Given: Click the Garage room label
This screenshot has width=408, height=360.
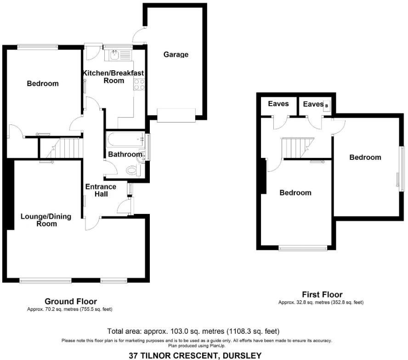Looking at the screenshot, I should pos(176,55).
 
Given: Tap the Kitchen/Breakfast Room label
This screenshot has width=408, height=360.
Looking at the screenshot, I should pos(113,77).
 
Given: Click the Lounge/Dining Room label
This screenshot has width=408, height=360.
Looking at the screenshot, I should pos(46,220).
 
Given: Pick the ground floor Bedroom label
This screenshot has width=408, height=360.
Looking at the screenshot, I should pos(43,84).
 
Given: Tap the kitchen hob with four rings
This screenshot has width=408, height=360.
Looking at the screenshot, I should pos(139,84).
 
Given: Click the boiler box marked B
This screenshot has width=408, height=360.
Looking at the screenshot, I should pos(327,106).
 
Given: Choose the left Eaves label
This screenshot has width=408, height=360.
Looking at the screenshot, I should pos(278,104).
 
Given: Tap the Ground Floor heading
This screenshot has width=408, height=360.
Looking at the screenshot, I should pos(70,302).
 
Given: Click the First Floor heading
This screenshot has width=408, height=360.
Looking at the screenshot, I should pos(322,295).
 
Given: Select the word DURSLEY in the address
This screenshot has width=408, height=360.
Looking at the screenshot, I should pos(242,355).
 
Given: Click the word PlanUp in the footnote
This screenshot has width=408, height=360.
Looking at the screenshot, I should pos(215,345).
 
